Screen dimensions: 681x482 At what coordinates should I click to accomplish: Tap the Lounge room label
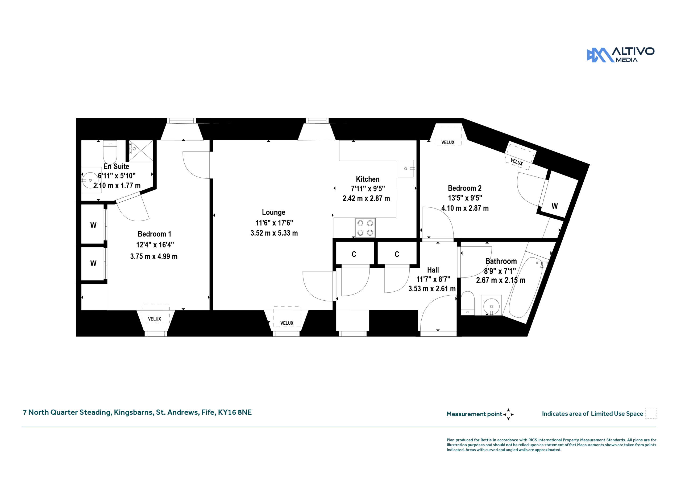273,212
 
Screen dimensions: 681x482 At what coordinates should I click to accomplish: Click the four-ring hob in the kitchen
365,228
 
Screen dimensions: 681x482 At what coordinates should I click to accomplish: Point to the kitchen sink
405,168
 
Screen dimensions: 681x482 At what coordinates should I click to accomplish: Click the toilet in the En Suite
110,152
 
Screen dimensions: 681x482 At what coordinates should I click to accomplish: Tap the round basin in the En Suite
90,180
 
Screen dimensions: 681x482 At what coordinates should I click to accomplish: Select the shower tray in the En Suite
141,151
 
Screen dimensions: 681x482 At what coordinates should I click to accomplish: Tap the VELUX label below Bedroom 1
155,319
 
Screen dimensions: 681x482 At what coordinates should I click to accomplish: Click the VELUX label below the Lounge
287,323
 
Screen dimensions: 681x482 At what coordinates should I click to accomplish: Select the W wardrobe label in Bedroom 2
555,206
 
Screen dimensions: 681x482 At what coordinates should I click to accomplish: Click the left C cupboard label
354,254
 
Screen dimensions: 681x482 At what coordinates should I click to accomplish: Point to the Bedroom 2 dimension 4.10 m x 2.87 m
465,208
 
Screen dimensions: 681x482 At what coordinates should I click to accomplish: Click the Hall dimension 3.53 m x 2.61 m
432,289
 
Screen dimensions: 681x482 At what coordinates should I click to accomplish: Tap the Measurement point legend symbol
508,414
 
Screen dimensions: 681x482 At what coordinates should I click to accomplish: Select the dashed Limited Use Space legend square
651,413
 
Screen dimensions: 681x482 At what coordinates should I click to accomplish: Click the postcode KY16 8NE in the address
235,412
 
